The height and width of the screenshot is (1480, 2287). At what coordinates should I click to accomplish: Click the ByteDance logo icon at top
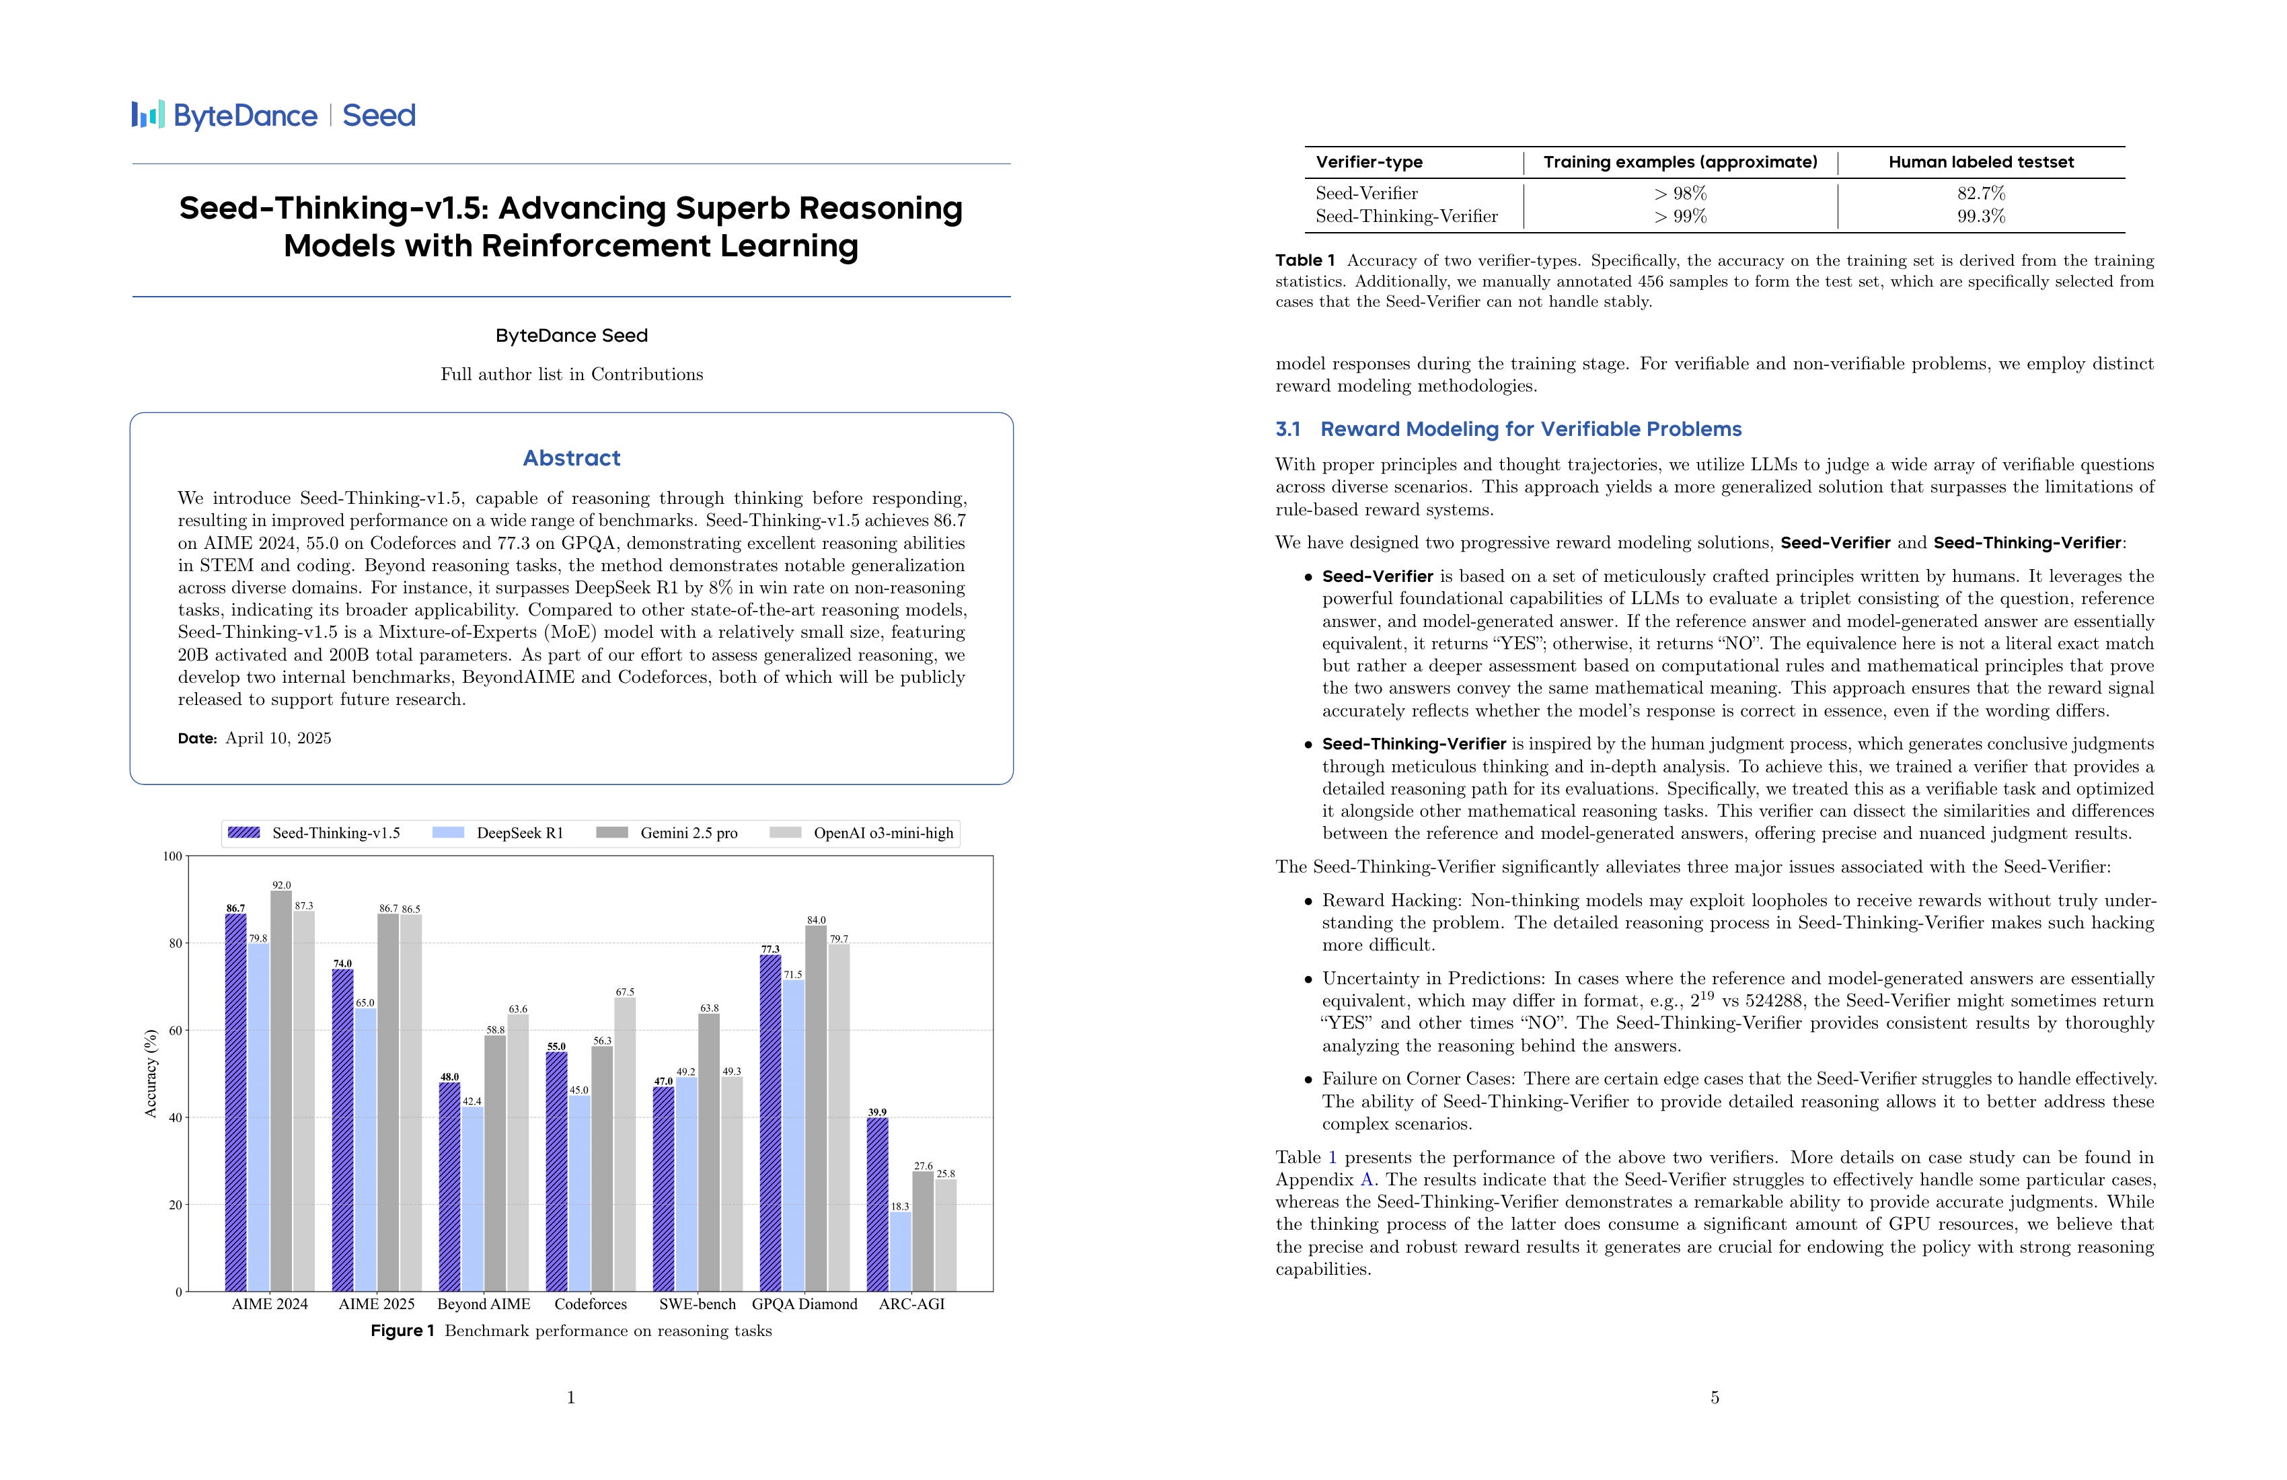148,115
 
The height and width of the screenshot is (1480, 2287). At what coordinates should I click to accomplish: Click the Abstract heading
571,458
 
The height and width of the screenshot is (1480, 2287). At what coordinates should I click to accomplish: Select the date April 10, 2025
278,738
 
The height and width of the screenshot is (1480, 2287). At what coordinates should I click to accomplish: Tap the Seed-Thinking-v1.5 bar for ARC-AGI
877,1204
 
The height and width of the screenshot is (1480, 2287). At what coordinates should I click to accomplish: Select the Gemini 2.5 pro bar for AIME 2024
282,1090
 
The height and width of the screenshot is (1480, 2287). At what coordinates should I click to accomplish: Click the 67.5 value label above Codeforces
625,992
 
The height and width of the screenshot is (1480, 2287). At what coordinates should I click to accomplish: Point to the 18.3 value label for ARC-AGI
899,1206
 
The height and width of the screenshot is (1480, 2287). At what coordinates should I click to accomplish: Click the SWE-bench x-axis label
697,1304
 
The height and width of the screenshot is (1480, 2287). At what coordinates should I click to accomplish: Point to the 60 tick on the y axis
175,1030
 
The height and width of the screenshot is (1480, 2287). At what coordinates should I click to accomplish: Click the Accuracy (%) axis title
150,1074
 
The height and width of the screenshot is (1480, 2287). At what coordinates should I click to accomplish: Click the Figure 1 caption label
403,1331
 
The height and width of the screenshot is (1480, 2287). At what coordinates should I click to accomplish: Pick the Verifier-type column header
1368,162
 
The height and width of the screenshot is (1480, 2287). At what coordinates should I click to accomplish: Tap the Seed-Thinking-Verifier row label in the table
1406,216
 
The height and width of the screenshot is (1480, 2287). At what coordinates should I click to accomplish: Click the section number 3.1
1287,430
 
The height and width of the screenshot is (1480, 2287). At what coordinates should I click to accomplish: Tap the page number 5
1715,1397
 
